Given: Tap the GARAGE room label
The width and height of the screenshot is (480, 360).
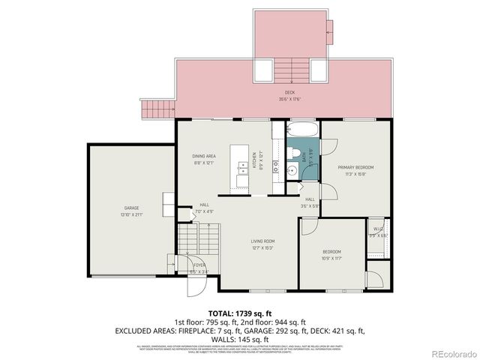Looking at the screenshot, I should click(131, 208).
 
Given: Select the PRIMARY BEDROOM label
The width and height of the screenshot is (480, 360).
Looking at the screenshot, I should click(355, 167).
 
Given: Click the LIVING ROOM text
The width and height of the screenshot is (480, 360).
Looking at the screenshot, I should click(262, 241).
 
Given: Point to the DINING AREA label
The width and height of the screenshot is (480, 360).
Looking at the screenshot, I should click(204, 156).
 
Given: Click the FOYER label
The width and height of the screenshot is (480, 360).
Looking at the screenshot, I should click(199, 265).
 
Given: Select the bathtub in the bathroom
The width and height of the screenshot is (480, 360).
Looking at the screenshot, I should click(303, 131).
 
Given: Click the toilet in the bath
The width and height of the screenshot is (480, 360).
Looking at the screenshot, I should click(288, 153).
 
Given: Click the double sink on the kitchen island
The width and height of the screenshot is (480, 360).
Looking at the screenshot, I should click(243, 172).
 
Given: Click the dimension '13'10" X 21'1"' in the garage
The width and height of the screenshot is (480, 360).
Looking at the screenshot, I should click(131, 214).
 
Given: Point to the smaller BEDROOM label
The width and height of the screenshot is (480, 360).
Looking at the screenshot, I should click(331, 251).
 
